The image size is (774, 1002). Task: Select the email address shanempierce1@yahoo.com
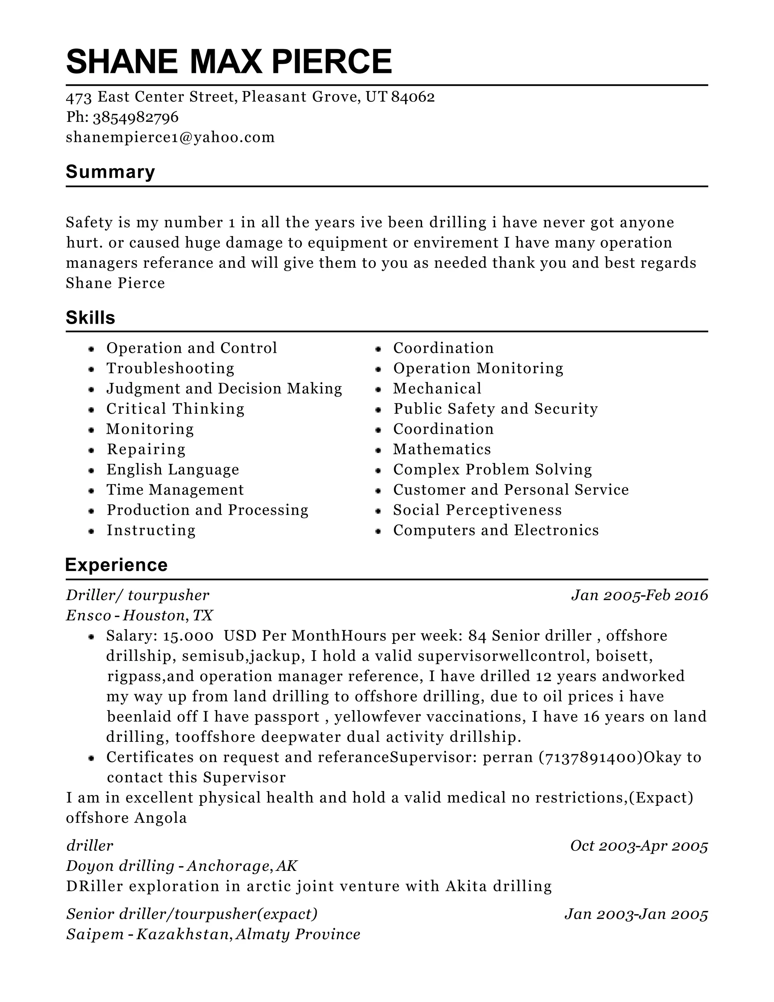click(x=170, y=137)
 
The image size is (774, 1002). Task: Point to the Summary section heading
click(x=110, y=172)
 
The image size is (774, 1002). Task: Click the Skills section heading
click(x=90, y=318)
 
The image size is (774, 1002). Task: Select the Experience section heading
click(x=116, y=565)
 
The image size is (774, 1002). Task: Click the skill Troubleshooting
click(x=170, y=368)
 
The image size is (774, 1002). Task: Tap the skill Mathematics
click(x=442, y=449)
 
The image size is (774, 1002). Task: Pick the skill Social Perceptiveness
click(x=477, y=510)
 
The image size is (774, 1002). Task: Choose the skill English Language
click(x=173, y=469)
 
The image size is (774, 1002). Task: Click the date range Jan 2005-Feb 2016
click(x=639, y=596)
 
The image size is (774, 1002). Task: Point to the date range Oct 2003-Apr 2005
click(x=639, y=845)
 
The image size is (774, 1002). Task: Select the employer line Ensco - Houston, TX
click(x=139, y=615)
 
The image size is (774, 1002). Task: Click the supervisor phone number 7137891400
click(x=591, y=757)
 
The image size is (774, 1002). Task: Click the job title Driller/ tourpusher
click(x=138, y=596)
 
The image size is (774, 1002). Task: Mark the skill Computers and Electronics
click(x=496, y=530)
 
